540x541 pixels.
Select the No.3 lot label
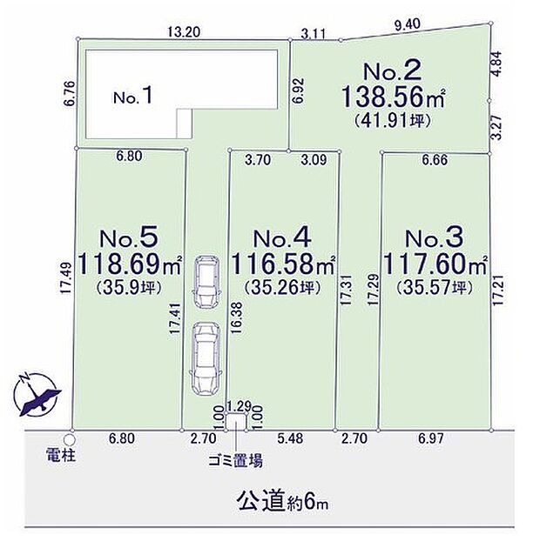coord(432,238)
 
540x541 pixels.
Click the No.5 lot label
coord(129,238)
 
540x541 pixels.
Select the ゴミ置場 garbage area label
coord(235,462)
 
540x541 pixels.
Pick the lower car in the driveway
coord(206,355)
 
